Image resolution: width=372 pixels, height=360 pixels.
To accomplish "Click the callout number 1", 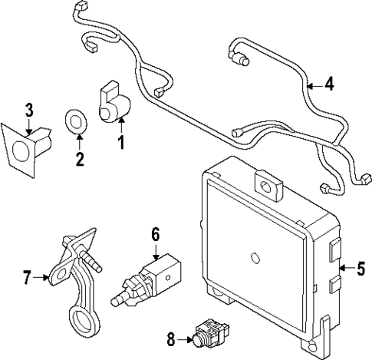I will coord(120,143).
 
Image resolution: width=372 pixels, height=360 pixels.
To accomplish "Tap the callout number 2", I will coord(78,160).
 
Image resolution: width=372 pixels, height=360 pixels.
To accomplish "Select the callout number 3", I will coord(28,111).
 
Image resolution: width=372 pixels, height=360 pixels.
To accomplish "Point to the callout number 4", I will coord(329,85).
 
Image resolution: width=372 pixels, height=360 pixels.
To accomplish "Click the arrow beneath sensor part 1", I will coord(120,127).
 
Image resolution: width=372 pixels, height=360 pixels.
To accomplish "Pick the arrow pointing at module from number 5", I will coord(346,268).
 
